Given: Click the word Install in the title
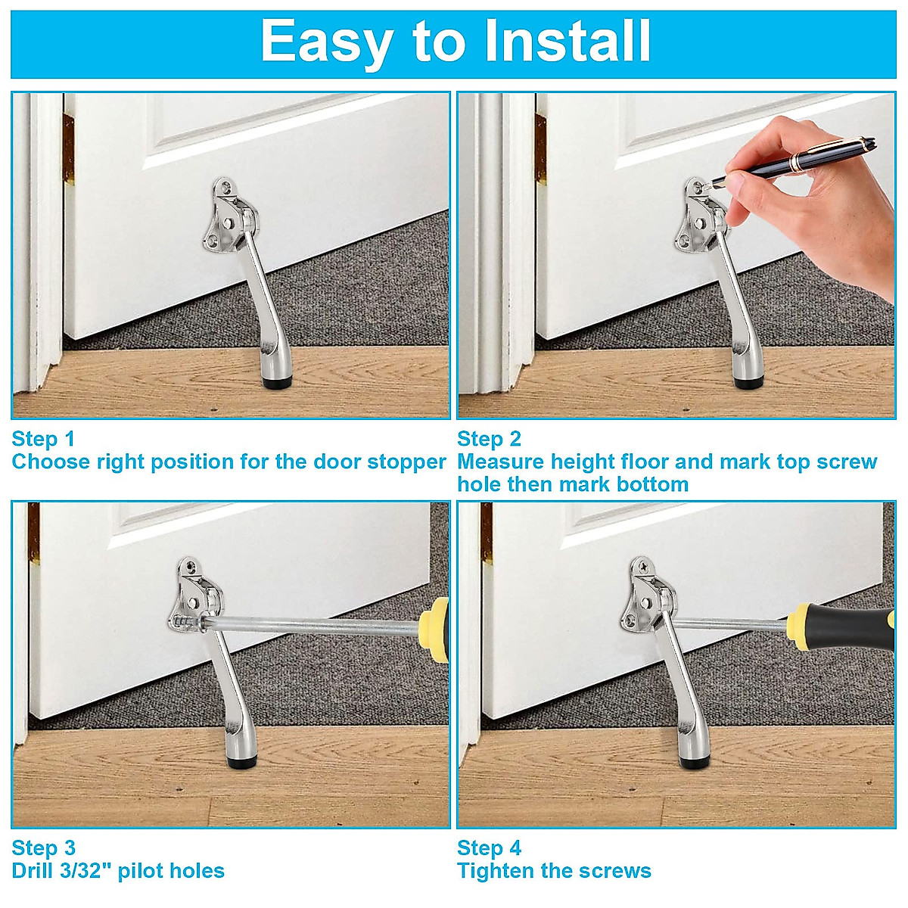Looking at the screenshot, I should (x=567, y=42).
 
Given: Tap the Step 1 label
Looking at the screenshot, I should (x=43, y=439).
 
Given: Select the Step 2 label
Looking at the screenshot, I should (x=489, y=439).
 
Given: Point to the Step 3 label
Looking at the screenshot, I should (x=43, y=847).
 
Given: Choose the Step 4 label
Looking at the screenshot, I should (x=489, y=847).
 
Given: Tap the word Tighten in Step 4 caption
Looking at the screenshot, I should (x=495, y=871).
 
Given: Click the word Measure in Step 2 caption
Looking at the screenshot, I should (x=500, y=462).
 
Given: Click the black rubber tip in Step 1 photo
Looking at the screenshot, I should (x=274, y=384).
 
